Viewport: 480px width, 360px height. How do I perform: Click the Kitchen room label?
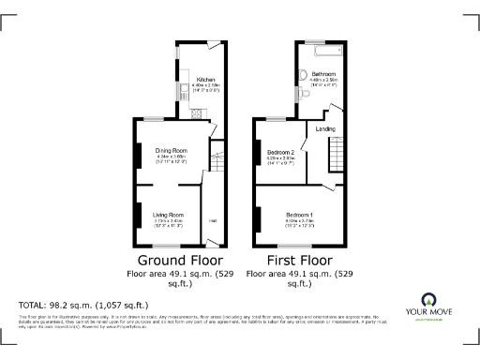click(x=206, y=80)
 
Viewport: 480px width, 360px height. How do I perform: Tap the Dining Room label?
click(x=171, y=150)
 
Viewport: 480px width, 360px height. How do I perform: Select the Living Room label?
click(x=169, y=215)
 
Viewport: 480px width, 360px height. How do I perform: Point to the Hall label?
click(x=213, y=220)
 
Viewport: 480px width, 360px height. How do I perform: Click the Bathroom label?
click(x=324, y=73)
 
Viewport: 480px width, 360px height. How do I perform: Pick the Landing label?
click(x=325, y=129)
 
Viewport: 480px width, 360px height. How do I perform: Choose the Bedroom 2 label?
click(x=281, y=152)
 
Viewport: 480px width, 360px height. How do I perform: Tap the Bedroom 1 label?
click(x=300, y=215)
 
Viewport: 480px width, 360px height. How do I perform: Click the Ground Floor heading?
click(x=180, y=260)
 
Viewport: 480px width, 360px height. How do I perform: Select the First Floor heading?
click(x=299, y=260)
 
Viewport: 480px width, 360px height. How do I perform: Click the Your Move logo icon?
click(x=429, y=302)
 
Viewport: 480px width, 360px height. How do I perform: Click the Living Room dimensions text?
click(x=169, y=223)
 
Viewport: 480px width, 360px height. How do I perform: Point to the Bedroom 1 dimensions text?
click(x=300, y=223)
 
